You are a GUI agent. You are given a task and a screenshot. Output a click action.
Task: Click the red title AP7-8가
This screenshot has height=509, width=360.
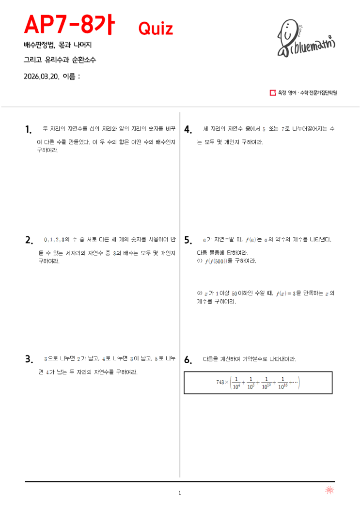tap(68, 25)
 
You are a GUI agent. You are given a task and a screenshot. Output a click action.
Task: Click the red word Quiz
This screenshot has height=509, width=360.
tap(156, 29)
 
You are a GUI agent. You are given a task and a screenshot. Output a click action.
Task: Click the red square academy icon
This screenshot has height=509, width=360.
tap(272, 93)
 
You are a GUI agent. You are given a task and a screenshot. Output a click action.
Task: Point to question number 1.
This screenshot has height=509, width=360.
tap(28, 129)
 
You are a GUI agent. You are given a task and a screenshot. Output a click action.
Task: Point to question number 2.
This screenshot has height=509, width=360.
tap(29, 240)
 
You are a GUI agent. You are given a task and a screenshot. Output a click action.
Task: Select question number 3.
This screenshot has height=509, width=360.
tap(29, 359)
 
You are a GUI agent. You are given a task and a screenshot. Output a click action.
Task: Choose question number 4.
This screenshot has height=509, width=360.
tap(188, 129)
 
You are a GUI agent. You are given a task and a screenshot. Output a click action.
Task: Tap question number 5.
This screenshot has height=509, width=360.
tap(188, 240)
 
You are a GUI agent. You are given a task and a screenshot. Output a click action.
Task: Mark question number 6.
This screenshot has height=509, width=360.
tap(188, 360)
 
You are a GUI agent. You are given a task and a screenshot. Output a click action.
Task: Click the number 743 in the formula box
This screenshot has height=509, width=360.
tap(221, 382)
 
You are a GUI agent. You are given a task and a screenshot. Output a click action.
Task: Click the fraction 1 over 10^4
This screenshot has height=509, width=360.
tap(236, 383)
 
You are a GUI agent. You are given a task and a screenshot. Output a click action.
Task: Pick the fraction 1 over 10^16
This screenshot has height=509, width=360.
tap(283, 383)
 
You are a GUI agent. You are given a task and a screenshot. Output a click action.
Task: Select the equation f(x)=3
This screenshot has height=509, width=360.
tap(286, 293)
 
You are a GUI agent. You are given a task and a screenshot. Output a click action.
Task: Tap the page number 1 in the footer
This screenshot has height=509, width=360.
tap(180, 493)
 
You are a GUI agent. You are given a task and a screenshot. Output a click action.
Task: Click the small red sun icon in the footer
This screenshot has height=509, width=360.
tap(329, 491)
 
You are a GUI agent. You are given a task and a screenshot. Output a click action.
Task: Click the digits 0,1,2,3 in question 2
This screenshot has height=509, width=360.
tap(54, 239)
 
